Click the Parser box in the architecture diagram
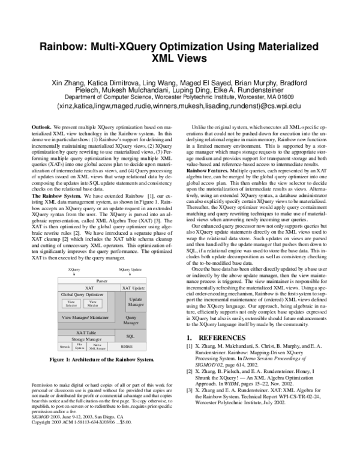coord(100,281)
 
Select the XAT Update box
coord(133,289)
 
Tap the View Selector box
coord(71,304)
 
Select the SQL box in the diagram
coord(131,337)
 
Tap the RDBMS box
coord(127,346)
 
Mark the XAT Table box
coord(86,332)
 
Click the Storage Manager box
coord(85,339)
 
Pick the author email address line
coord(179,105)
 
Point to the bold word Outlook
coord(41,129)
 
